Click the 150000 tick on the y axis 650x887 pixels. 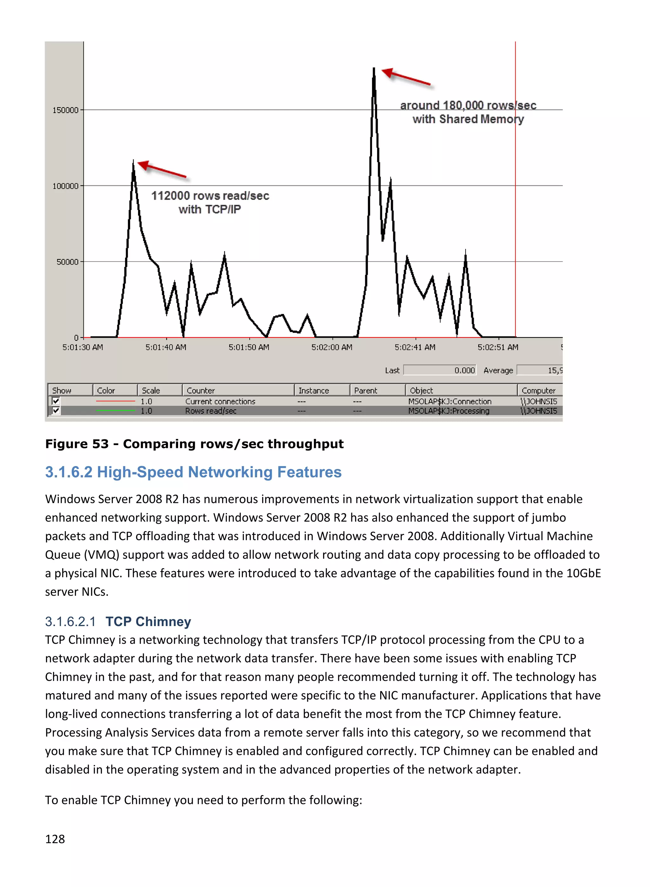click(x=66, y=110)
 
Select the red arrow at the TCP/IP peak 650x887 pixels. click(x=162, y=170)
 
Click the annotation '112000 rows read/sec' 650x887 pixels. click(x=210, y=196)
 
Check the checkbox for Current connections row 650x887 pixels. click(x=56, y=401)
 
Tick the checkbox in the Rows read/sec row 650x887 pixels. click(x=56, y=411)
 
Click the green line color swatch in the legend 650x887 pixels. click(x=115, y=411)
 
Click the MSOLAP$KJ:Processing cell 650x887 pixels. click(x=448, y=411)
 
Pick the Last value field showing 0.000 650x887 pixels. click(x=440, y=370)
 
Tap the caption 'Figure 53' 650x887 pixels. click(x=77, y=444)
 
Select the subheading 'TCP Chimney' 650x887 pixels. click(x=148, y=622)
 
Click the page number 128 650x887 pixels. click(x=55, y=839)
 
